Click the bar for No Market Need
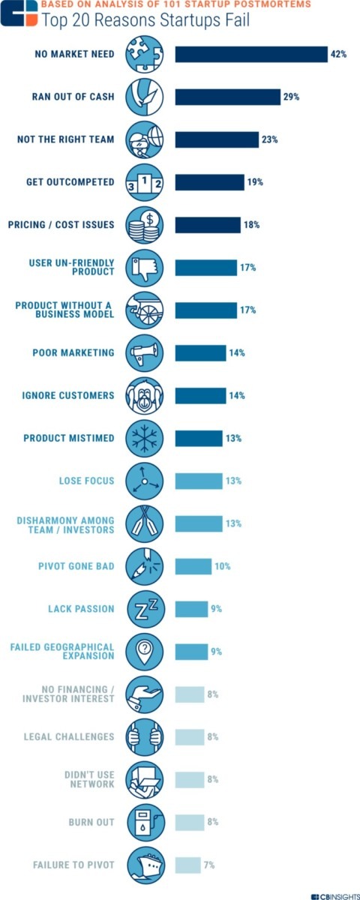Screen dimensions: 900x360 click(251, 54)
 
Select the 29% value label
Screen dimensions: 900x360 click(292, 97)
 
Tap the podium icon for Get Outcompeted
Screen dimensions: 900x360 click(144, 182)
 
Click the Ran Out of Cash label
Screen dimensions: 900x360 click(73, 97)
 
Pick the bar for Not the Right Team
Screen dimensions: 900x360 click(217, 139)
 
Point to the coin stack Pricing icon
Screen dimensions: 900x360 click(144, 225)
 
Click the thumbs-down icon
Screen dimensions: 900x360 click(144, 268)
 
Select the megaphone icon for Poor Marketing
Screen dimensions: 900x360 click(144, 352)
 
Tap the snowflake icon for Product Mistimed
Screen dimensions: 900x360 click(144, 438)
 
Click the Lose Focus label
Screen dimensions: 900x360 click(87, 481)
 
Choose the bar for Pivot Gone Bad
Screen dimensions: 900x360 click(193, 566)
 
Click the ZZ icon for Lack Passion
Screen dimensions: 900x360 click(144, 609)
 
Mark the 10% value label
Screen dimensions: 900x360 click(223, 566)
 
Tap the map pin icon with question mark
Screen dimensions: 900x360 click(144, 651)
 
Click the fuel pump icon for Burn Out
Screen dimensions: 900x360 click(144, 822)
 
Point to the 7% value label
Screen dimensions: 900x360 click(209, 865)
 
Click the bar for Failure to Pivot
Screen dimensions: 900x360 click(188, 865)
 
